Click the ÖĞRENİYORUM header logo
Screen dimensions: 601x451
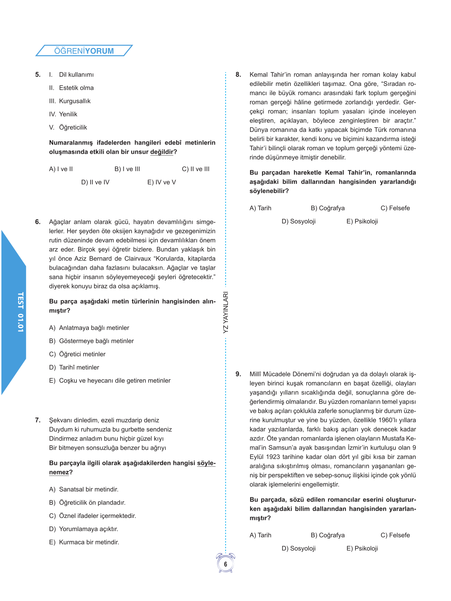point(84,51)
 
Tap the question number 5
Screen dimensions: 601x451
point(37,75)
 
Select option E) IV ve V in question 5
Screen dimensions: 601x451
point(161,182)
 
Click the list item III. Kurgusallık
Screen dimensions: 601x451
point(70,101)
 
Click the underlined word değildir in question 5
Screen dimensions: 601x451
point(162,152)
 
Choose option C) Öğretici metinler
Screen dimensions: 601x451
point(77,354)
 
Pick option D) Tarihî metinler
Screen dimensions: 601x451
point(74,368)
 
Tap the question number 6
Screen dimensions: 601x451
point(37,222)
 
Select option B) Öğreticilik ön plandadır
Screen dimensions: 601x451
point(87,503)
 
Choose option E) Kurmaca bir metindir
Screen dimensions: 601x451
point(84,542)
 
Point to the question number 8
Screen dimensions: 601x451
point(238,75)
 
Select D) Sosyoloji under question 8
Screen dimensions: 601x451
point(299,222)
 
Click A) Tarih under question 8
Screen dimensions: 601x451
point(260,208)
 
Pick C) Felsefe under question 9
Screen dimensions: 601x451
point(395,535)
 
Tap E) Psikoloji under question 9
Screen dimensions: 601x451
point(362,549)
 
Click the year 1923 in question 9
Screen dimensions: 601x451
point(273,457)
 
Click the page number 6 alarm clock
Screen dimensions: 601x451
point(225,564)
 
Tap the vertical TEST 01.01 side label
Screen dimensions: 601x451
point(21,312)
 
